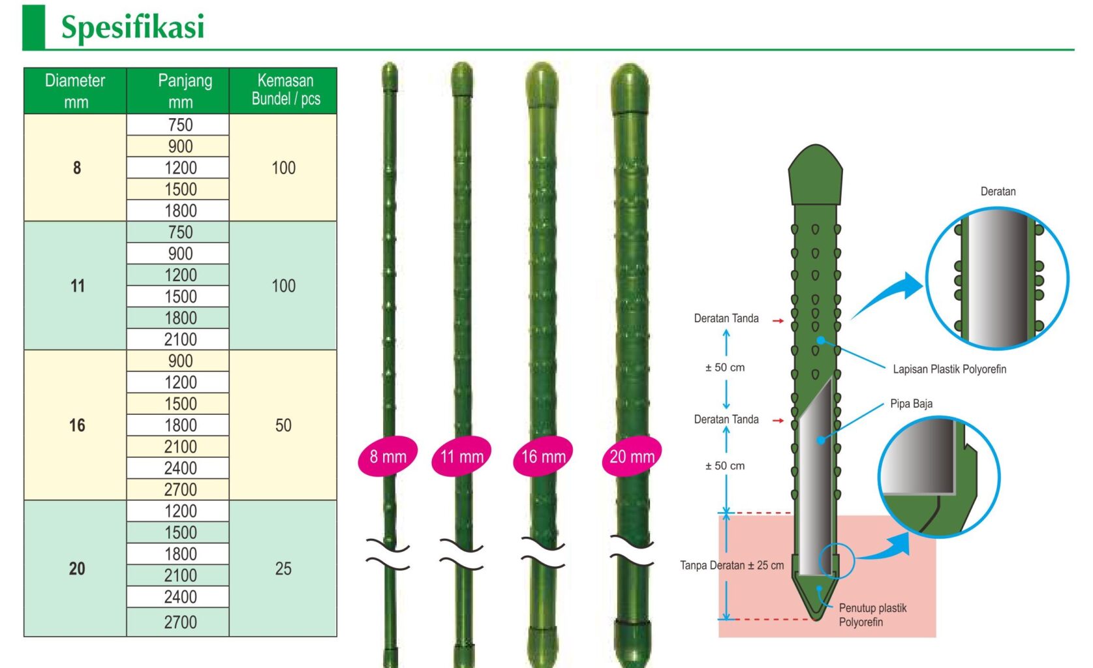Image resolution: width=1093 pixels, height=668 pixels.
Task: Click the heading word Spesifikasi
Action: tap(132, 27)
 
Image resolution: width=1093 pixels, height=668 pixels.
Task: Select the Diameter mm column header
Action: tap(75, 91)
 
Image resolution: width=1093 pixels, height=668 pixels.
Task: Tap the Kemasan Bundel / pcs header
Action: tap(285, 90)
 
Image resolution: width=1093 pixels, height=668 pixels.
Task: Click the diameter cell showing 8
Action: tap(76, 168)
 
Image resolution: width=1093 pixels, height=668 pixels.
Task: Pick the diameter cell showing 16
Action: tap(76, 425)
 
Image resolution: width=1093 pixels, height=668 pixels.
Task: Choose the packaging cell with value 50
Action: tap(283, 425)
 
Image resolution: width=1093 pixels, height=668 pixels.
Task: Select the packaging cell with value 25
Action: tap(283, 569)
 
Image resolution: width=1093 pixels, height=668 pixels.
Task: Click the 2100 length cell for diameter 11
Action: tap(179, 339)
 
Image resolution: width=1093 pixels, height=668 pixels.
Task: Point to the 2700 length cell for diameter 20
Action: tap(179, 622)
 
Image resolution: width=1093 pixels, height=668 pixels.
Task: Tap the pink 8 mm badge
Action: tap(388, 456)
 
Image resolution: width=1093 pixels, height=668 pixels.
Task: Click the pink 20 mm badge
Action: tap(632, 456)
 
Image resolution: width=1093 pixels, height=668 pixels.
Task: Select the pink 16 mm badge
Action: tap(543, 456)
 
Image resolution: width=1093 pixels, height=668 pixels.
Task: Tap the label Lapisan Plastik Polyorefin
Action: tap(949, 369)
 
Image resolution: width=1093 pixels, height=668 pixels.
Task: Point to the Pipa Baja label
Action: tap(911, 404)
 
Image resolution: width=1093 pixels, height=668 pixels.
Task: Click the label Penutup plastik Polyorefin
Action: tap(872, 615)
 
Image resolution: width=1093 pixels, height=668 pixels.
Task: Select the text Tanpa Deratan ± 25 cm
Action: tap(731, 566)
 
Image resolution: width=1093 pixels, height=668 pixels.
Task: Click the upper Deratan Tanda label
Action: tap(726, 318)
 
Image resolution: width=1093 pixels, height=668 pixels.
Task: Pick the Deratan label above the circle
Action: tap(998, 192)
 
